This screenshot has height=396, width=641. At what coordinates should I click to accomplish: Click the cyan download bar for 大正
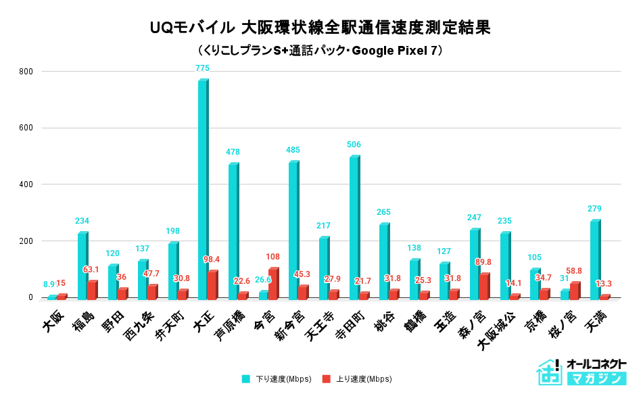coord(203,189)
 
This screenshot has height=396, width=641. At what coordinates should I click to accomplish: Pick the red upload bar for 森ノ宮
coord(484,287)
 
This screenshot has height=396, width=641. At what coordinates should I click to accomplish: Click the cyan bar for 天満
coord(595,259)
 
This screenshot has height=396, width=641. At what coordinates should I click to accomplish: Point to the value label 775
coord(202,68)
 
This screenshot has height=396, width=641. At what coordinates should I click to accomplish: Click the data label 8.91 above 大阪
coord(50,285)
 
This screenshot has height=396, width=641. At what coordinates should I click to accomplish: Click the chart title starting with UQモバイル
coord(320,28)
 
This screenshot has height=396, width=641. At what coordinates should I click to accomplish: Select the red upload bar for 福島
coord(92,290)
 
